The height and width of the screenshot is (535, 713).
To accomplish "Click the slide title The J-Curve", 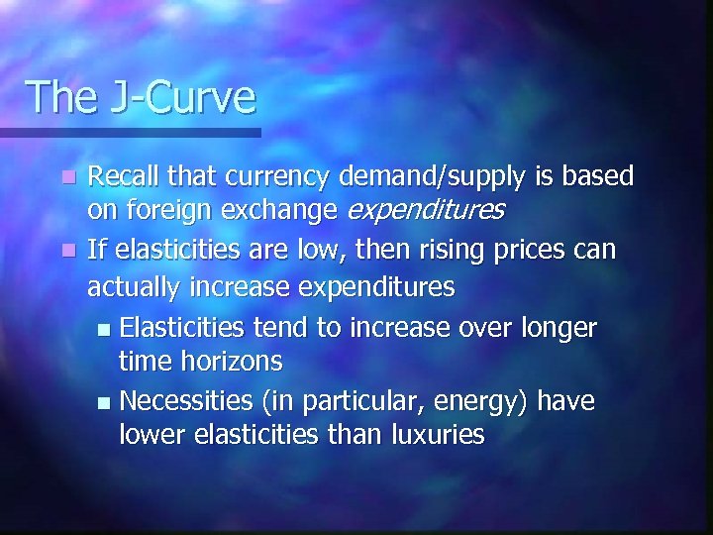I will pyautogui.click(x=141, y=97).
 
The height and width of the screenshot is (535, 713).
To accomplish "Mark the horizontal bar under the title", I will pyautogui.click(x=130, y=131).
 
